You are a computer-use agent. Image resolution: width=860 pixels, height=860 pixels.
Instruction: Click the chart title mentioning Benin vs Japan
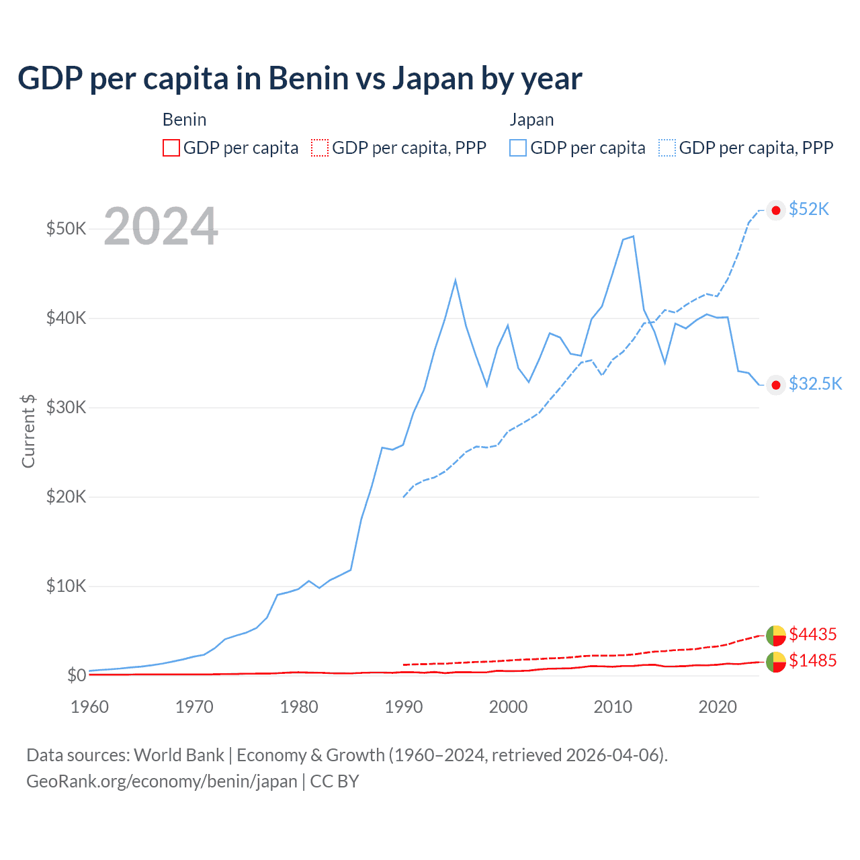300,79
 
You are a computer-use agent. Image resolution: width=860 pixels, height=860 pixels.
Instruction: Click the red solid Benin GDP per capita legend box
171,148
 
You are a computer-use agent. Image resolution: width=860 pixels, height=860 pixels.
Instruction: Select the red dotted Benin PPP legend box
320,148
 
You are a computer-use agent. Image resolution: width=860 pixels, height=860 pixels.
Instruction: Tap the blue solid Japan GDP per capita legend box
518,148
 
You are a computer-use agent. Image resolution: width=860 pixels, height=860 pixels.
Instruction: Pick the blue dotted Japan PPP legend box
667,148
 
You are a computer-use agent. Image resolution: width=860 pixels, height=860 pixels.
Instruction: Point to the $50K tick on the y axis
66,228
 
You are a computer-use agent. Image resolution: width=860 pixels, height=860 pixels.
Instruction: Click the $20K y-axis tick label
66,497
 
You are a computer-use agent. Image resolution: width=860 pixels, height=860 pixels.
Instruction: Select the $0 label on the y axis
77,675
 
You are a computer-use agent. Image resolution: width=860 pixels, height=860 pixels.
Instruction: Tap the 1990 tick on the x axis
404,707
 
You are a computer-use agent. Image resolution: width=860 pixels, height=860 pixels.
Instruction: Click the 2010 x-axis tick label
613,707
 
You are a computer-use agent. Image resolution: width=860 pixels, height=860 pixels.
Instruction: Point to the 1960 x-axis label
90,707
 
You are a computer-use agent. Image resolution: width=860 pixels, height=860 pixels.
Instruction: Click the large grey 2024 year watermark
161,227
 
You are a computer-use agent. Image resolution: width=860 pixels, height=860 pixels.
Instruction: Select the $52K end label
809,210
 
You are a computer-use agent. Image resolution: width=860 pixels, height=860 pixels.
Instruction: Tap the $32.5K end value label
815,384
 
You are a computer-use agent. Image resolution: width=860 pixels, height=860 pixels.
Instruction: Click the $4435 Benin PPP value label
812,634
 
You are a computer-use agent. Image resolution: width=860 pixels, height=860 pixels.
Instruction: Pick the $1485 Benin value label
812,660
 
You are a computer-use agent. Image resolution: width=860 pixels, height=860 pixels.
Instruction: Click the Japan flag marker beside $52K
776,210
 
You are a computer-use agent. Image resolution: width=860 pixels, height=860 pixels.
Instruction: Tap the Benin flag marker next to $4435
776,635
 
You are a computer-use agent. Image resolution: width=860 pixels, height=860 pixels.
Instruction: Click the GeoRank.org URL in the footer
162,781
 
